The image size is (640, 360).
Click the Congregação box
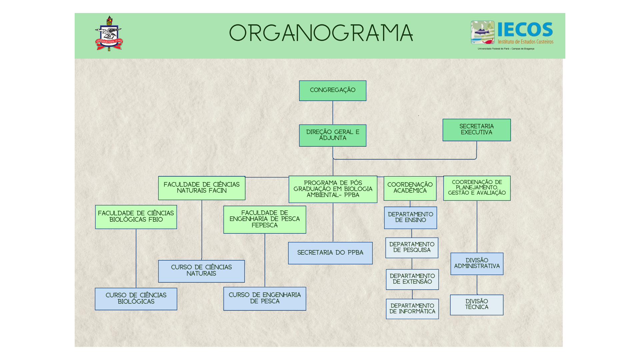click(x=332, y=91)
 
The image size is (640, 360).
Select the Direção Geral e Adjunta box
click(x=332, y=135)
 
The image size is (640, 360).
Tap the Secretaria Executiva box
click(x=476, y=130)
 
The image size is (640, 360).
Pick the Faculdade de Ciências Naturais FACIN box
click(x=202, y=188)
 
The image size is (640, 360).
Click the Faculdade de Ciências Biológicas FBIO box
click(x=136, y=217)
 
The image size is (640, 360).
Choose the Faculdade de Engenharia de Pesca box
click(x=265, y=219)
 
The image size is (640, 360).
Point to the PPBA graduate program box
click(x=333, y=189)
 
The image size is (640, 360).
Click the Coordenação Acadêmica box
click(x=410, y=188)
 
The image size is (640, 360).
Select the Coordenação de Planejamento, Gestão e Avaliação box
click(x=477, y=188)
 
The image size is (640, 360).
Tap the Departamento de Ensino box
click(x=410, y=218)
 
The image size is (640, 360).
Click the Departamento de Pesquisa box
click(x=412, y=248)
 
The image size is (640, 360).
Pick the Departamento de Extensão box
click(x=412, y=279)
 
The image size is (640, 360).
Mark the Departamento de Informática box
click(x=412, y=309)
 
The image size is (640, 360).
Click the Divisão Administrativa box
click(x=477, y=264)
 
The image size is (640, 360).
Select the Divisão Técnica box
click(x=476, y=305)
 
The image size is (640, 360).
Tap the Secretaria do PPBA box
click(x=330, y=253)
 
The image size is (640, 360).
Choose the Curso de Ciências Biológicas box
click(x=136, y=299)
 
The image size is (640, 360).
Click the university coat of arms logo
click(x=109, y=34)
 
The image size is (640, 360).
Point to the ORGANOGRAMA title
click(x=321, y=33)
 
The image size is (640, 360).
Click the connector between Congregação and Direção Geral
click(x=333, y=113)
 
